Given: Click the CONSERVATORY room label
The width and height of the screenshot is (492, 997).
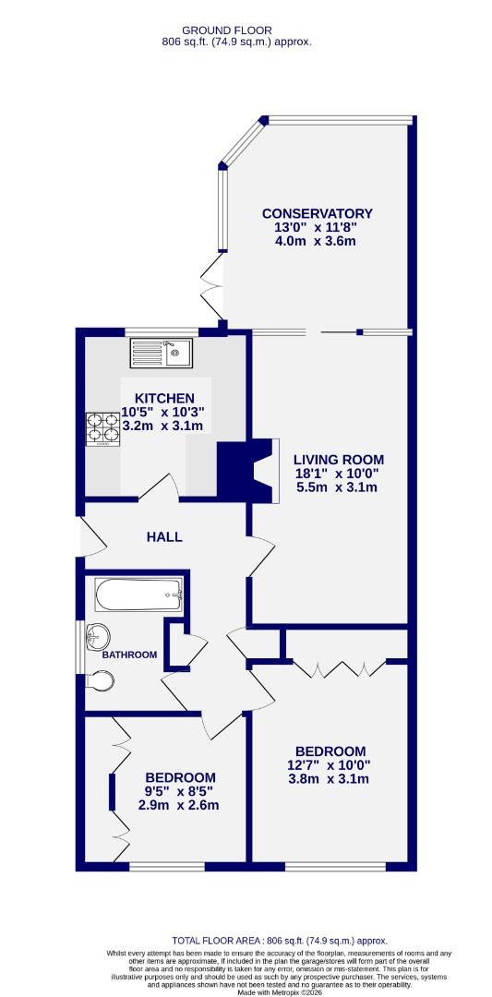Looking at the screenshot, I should [316, 213].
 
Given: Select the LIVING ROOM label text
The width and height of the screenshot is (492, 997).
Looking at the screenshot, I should [338, 460].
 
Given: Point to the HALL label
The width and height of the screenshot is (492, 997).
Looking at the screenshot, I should [163, 536].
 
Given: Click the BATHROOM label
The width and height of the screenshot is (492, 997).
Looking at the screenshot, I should [129, 655].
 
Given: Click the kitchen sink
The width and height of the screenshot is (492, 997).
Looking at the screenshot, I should [160, 352].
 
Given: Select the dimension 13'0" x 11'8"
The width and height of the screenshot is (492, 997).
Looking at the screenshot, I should [316, 227].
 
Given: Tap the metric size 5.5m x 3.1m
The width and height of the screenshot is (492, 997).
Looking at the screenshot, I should [338, 487].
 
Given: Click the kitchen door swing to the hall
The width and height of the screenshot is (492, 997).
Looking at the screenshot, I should [161, 486].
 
